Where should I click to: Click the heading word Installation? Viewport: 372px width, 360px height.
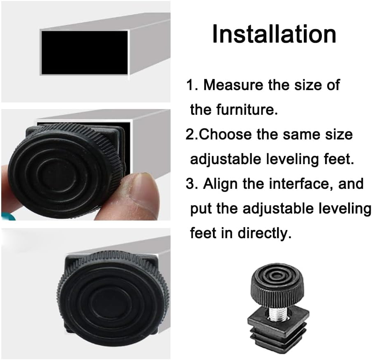point(274,34)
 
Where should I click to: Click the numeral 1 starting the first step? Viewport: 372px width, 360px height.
point(190,86)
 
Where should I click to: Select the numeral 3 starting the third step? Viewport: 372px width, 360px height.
point(190,184)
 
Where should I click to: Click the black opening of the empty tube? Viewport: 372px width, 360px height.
point(84,52)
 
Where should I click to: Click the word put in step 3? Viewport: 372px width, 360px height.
point(201,209)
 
